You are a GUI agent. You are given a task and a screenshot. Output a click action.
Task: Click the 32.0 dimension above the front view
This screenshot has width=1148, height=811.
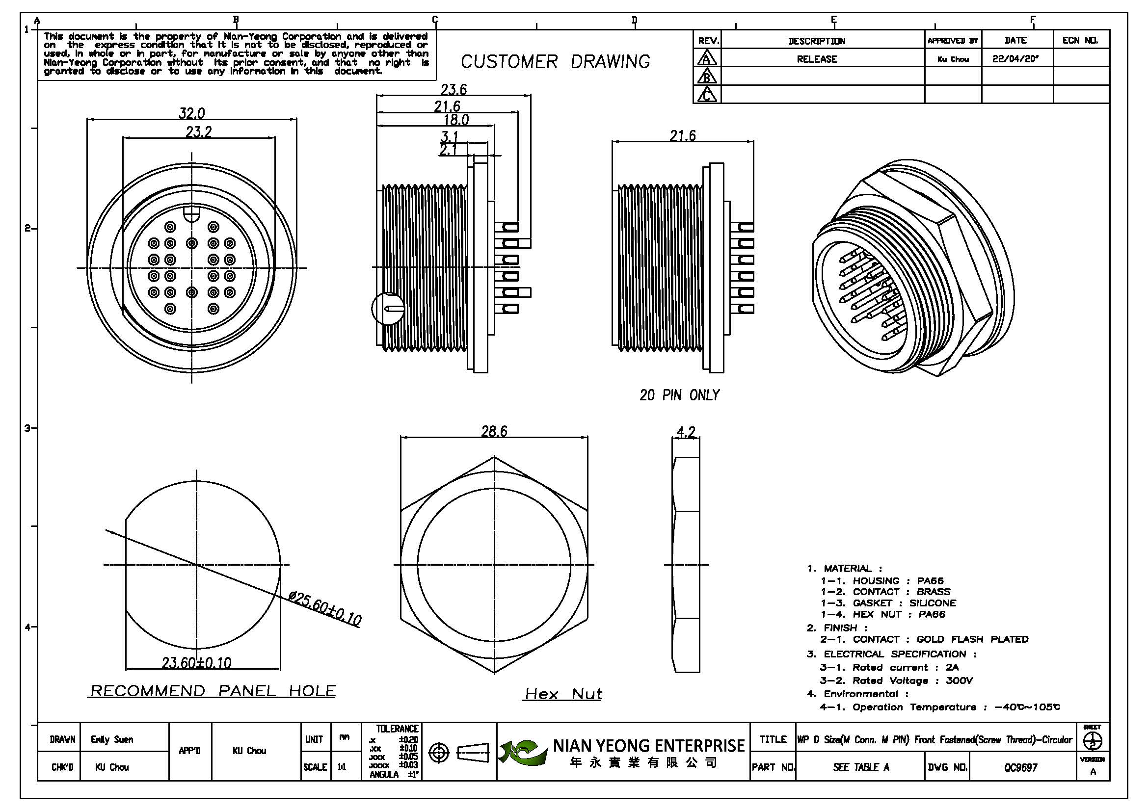tap(192, 113)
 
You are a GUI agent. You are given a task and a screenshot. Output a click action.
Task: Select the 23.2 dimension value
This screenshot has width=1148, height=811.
tap(199, 132)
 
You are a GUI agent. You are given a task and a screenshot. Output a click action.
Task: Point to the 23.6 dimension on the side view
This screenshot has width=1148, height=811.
tap(454, 89)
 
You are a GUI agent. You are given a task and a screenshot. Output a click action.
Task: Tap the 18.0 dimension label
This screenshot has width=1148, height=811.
tap(456, 120)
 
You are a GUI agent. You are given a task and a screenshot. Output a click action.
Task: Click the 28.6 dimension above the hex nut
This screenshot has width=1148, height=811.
tap(494, 431)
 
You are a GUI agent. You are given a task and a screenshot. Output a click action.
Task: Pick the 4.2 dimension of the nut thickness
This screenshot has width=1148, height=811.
tap(686, 432)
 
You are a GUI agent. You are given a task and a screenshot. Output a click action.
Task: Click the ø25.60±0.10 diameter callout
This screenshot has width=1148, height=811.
tap(324, 609)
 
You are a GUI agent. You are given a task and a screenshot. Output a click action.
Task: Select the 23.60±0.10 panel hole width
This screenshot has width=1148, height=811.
tap(196, 663)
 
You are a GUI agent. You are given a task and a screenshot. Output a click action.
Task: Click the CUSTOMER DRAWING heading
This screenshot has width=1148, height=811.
tap(555, 62)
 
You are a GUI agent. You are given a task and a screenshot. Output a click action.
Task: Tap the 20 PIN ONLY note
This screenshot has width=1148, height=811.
tap(679, 395)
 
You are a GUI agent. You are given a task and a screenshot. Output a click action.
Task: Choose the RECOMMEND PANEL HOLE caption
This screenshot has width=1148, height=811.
tap(213, 691)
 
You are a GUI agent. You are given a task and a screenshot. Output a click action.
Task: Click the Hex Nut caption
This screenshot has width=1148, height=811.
tap(563, 694)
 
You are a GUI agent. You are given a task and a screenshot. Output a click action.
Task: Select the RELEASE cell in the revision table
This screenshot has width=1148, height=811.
tap(817, 59)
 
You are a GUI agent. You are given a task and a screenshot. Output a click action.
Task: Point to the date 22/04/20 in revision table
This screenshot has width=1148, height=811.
tap(1015, 58)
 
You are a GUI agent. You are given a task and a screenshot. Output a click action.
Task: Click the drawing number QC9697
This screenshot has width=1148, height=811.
tap(1020, 767)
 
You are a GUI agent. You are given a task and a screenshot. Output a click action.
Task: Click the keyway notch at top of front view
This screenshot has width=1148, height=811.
tap(192, 214)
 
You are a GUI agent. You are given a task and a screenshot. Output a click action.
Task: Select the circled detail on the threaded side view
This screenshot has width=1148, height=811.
tap(388, 308)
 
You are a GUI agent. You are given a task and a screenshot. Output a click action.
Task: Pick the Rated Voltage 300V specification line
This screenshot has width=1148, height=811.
tap(896, 680)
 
